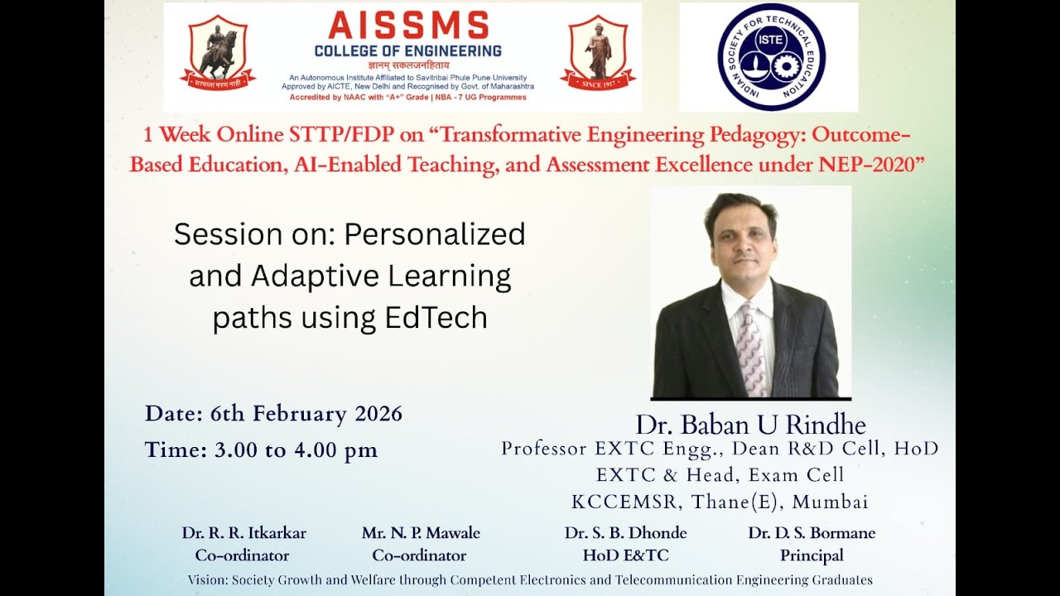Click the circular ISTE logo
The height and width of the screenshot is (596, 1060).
coord(771,57)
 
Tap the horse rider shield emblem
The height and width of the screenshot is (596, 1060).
coord(218,53)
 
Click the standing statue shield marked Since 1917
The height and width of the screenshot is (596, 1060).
coord(598,53)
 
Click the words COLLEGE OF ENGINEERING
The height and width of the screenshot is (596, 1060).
coord(407,51)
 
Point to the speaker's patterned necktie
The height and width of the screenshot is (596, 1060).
coord(752,348)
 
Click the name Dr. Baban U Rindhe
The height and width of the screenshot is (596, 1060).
coord(750,425)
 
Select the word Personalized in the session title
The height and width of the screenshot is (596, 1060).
coord(436,234)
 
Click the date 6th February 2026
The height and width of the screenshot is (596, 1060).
coord(306,413)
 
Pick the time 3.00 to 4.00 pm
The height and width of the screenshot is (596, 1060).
coord(296,449)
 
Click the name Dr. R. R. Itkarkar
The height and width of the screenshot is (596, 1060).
coord(243,533)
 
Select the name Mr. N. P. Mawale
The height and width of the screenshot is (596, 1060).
coord(421,533)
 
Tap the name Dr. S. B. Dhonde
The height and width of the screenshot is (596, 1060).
coord(625,533)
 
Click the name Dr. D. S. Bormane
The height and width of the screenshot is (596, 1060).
coord(812,533)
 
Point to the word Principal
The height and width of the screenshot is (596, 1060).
coord(812,555)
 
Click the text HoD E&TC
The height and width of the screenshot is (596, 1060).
coord(625,555)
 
